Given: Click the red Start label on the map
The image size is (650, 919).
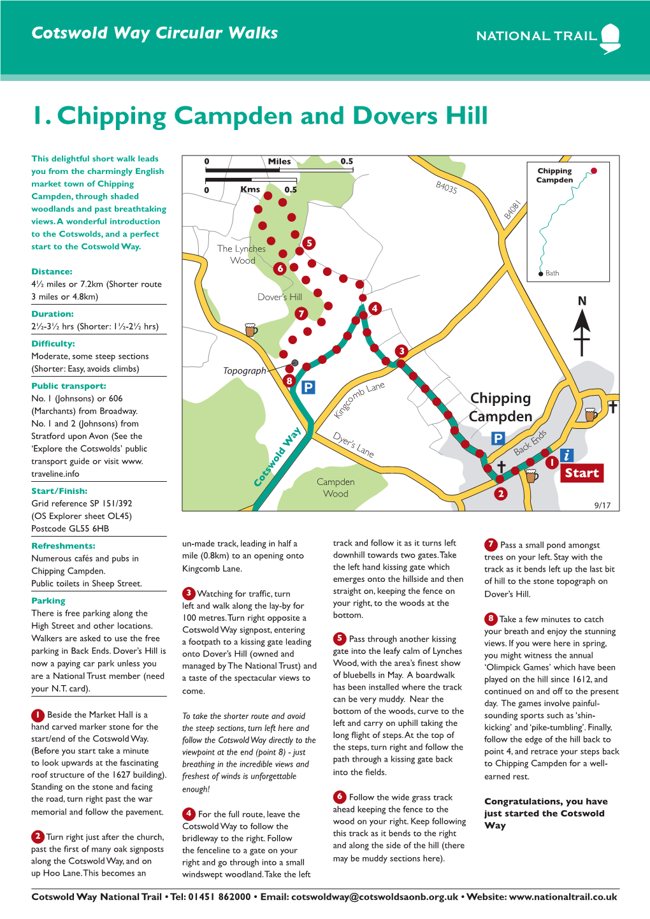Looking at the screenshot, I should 581,473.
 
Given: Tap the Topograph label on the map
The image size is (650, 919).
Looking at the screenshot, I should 245,371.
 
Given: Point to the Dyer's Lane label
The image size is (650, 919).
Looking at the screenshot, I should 354,444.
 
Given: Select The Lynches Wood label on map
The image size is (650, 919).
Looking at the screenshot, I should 242,254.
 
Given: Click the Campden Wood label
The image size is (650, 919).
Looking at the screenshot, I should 336,488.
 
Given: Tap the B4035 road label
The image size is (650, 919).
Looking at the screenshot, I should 446,187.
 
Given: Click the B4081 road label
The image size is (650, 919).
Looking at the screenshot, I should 513,210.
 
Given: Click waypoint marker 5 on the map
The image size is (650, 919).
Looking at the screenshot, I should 309,243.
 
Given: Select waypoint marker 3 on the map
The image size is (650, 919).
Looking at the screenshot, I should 401,351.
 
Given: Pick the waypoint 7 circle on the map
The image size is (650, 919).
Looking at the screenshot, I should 301,313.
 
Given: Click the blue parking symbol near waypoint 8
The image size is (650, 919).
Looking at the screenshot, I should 308,387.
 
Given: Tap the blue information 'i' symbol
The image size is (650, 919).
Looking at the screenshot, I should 567,455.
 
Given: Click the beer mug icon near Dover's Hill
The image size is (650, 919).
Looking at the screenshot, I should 251,329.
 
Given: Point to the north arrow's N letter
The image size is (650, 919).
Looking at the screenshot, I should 582,301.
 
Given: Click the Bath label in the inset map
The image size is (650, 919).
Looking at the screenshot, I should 552,273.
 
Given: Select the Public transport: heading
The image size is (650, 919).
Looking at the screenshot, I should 69,386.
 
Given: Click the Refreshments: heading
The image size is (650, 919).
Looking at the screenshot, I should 63,546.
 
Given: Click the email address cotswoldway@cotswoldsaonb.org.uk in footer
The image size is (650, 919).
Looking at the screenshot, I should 375,897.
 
